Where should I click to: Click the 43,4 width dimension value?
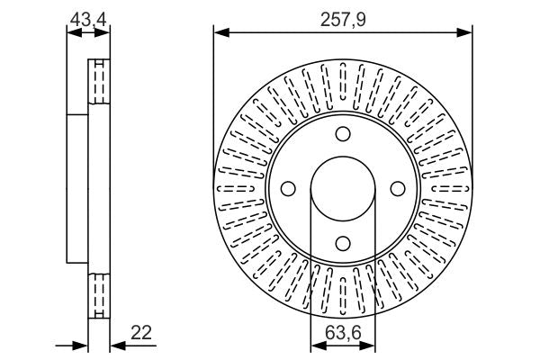(x=89, y=17)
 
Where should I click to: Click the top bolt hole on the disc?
(x=343, y=135)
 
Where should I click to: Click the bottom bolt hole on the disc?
(x=343, y=241)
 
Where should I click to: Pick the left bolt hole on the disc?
(x=289, y=189)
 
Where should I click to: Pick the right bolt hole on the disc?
(x=397, y=189)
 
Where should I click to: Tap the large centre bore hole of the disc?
(x=343, y=189)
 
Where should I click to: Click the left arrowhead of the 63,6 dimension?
(x=315, y=345)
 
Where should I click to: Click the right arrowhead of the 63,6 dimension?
(x=371, y=345)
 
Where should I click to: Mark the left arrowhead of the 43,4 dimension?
(x=71, y=34)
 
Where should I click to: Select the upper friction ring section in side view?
(x=97, y=83)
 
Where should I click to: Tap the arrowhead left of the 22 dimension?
(x=83, y=345)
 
